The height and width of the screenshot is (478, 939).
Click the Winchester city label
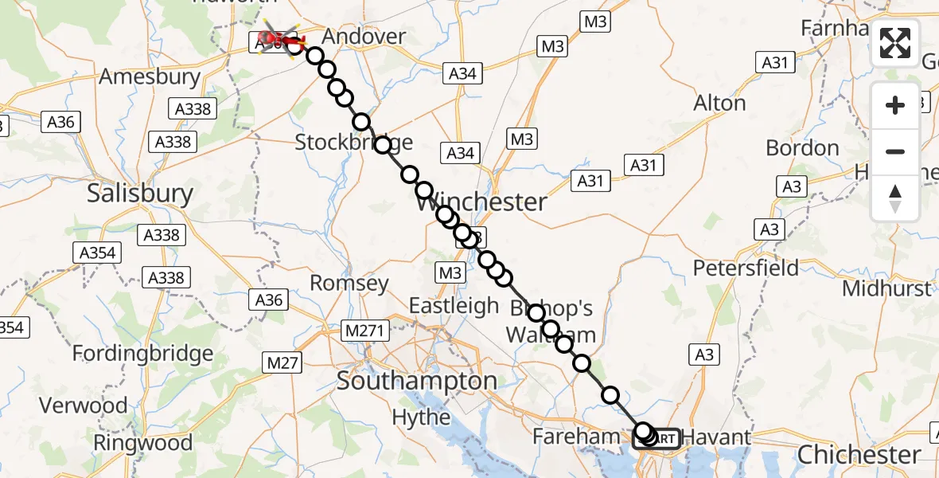tap(481, 202)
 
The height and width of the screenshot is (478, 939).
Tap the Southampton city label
tap(417, 381)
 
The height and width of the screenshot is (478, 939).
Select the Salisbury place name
tap(140, 194)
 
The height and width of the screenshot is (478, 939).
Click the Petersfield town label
tap(746, 267)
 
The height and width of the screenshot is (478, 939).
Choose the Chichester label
tap(859, 455)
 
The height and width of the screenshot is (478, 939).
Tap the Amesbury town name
tap(149, 76)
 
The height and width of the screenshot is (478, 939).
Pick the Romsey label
tap(349, 283)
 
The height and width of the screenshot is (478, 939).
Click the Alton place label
tap(719, 103)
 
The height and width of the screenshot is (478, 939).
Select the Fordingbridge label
tap(143, 352)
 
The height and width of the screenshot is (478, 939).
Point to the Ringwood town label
tap(143, 442)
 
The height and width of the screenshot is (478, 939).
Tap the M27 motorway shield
tap(282, 363)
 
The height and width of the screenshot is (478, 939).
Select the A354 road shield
tap(98, 254)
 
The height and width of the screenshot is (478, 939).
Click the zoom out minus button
tap(895, 151)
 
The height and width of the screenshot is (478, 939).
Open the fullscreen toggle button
tap(895, 43)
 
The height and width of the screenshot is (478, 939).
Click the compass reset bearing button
tap(895, 198)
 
